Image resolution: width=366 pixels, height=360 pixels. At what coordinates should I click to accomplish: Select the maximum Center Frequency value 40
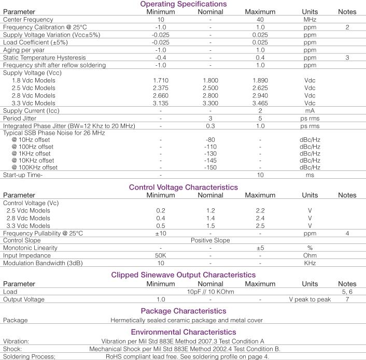[261, 19]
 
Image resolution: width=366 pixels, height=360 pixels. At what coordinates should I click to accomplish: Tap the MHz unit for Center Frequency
[310, 19]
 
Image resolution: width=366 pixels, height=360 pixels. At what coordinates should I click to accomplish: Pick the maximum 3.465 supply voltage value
[261, 104]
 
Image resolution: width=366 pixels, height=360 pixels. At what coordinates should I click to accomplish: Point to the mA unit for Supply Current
[310, 111]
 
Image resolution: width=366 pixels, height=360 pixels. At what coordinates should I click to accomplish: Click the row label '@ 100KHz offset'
[34, 167]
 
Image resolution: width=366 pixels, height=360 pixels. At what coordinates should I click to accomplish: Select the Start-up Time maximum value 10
[261, 175]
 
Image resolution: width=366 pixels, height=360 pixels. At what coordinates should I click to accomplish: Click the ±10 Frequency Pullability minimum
[161, 233]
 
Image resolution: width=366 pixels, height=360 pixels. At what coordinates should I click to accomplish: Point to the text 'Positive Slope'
[210, 240]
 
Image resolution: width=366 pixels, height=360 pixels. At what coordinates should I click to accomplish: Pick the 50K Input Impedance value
[161, 255]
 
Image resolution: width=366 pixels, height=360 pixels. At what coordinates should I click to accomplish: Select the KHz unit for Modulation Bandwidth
[310, 263]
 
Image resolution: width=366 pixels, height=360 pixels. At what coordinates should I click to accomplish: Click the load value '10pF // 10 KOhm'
[210, 292]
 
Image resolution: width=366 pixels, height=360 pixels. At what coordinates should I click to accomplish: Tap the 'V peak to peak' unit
[310, 299]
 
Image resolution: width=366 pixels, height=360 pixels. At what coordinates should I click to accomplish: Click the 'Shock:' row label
[13, 349]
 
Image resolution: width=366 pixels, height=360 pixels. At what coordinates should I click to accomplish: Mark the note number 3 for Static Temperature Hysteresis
[347, 57]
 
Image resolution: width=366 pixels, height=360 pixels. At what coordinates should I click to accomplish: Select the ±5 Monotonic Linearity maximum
[261, 248]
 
